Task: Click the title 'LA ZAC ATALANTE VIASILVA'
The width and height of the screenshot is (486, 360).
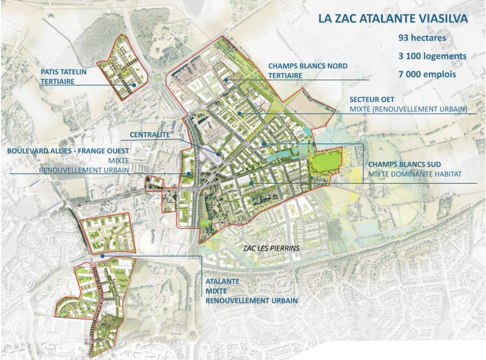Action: (393, 18)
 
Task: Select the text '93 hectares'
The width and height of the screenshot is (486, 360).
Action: (422, 38)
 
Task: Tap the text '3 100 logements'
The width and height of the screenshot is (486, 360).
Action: (432, 56)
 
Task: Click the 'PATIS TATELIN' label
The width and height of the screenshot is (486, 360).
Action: (64, 72)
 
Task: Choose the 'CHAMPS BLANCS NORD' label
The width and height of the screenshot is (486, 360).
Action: (308, 66)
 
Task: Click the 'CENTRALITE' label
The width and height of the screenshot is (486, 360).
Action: (150, 134)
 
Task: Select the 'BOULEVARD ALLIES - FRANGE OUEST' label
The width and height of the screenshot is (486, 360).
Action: (68, 150)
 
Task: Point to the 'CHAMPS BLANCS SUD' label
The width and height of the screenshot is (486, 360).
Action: (403, 164)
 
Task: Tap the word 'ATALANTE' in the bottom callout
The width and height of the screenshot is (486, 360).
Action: (222, 282)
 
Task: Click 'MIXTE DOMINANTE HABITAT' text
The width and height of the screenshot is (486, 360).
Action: (414, 175)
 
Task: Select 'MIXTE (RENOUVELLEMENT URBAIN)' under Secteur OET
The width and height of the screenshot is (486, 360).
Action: (408, 109)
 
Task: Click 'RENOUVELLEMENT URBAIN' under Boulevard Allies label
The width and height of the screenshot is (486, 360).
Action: (84, 170)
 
